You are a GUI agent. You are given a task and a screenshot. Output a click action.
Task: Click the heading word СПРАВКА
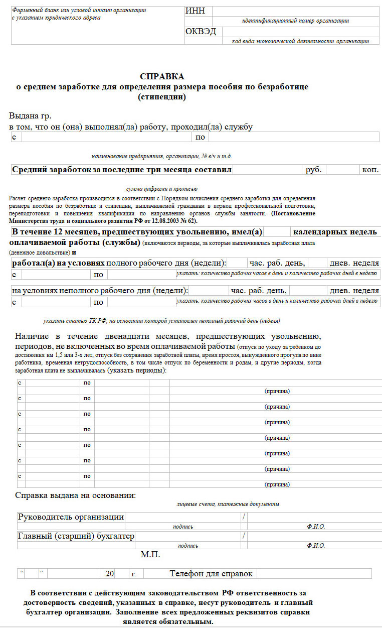tap(162, 77)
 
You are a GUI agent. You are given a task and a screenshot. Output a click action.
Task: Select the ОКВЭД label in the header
tap(201, 31)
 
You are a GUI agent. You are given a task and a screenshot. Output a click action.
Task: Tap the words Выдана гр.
tap(30, 116)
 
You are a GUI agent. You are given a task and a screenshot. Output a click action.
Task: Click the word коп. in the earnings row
tap(370, 170)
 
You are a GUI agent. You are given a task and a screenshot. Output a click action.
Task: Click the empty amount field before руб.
tap(267, 170)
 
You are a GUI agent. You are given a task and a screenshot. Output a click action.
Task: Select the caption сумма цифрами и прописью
tap(161, 189)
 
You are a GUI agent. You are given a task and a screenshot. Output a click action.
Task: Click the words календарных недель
tap(335, 232)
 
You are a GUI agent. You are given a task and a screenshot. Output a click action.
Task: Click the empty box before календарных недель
tap(277, 232)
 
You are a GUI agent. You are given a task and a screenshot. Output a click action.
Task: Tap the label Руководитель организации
tap(71, 517)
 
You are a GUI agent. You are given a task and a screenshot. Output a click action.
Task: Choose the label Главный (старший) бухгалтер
tap(76, 536)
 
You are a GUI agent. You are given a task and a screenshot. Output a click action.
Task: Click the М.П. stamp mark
tap(150, 555)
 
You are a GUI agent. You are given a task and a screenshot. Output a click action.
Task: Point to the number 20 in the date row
tap(110, 574)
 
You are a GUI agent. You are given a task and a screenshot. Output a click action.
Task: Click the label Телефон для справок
tap(211, 574)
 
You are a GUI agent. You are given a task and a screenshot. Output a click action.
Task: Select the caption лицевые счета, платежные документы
tap(228, 504)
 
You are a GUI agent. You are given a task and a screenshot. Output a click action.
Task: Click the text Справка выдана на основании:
tap(76, 495)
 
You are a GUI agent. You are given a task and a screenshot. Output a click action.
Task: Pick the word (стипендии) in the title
tap(162, 97)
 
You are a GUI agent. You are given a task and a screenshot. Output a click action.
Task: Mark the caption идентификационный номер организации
tap(295, 21)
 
